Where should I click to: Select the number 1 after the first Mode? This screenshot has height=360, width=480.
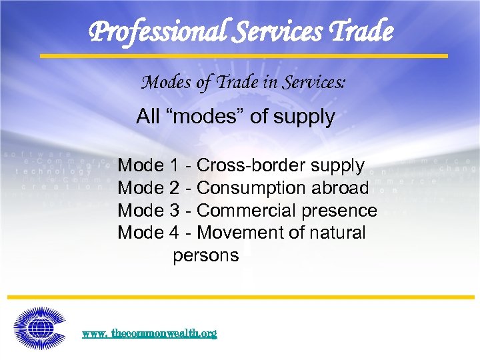click(175, 165)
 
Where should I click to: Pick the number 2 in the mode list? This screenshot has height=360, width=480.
click(175, 188)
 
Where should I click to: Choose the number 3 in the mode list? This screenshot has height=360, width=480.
click(175, 211)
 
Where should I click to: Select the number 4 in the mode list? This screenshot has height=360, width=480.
click(175, 233)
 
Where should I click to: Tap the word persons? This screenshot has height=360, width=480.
click(205, 255)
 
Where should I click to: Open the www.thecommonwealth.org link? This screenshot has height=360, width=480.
click(149, 333)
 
